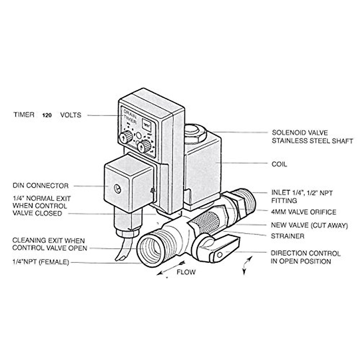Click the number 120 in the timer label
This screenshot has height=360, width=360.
point(46,115)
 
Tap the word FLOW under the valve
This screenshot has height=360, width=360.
point(186,272)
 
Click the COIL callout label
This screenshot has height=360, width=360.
point(279,164)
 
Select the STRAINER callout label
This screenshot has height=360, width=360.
point(287,236)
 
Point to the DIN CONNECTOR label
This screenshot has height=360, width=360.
point(40,186)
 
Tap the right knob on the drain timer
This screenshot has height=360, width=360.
point(144,147)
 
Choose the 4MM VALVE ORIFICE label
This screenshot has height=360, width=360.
point(303,212)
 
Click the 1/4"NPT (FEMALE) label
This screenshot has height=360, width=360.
point(40,262)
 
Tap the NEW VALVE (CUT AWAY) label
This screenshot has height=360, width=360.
point(309,225)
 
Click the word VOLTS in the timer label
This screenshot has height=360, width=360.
point(70,115)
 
